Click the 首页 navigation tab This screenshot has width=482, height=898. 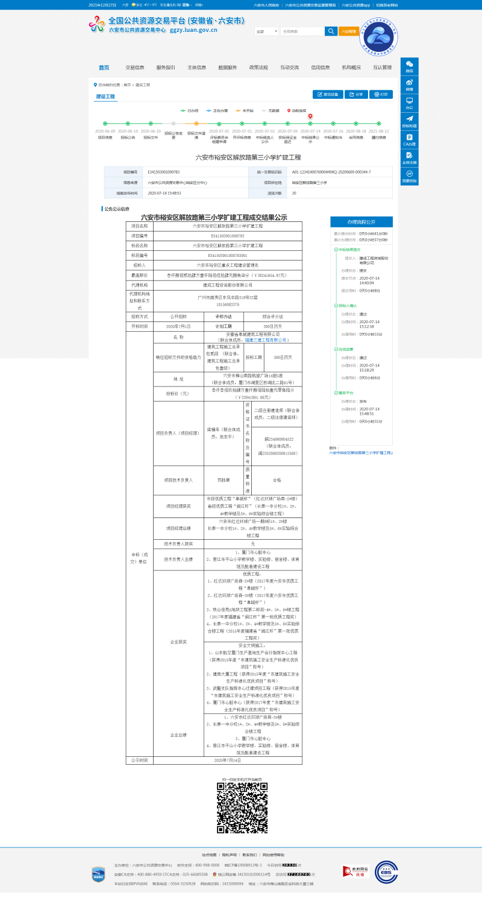[104, 68]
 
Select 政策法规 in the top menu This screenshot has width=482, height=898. [258, 68]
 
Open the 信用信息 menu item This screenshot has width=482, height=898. [321, 68]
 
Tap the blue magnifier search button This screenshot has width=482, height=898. [331, 31]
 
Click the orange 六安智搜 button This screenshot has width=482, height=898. [348, 31]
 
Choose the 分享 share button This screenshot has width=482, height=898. [356, 95]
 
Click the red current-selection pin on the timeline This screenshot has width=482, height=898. [310, 116]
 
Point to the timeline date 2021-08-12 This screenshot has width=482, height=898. [379, 131]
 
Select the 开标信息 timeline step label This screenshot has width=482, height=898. [242, 138]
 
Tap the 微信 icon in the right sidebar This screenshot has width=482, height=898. [409, 66]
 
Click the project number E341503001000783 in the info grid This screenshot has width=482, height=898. [164, 172]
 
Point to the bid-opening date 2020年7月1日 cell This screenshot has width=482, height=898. [178, 326]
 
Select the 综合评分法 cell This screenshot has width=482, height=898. [272, 316]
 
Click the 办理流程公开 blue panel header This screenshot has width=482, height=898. [361, 221]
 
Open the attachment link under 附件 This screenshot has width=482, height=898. [361, 452]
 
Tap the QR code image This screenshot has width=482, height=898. [242, 808]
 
